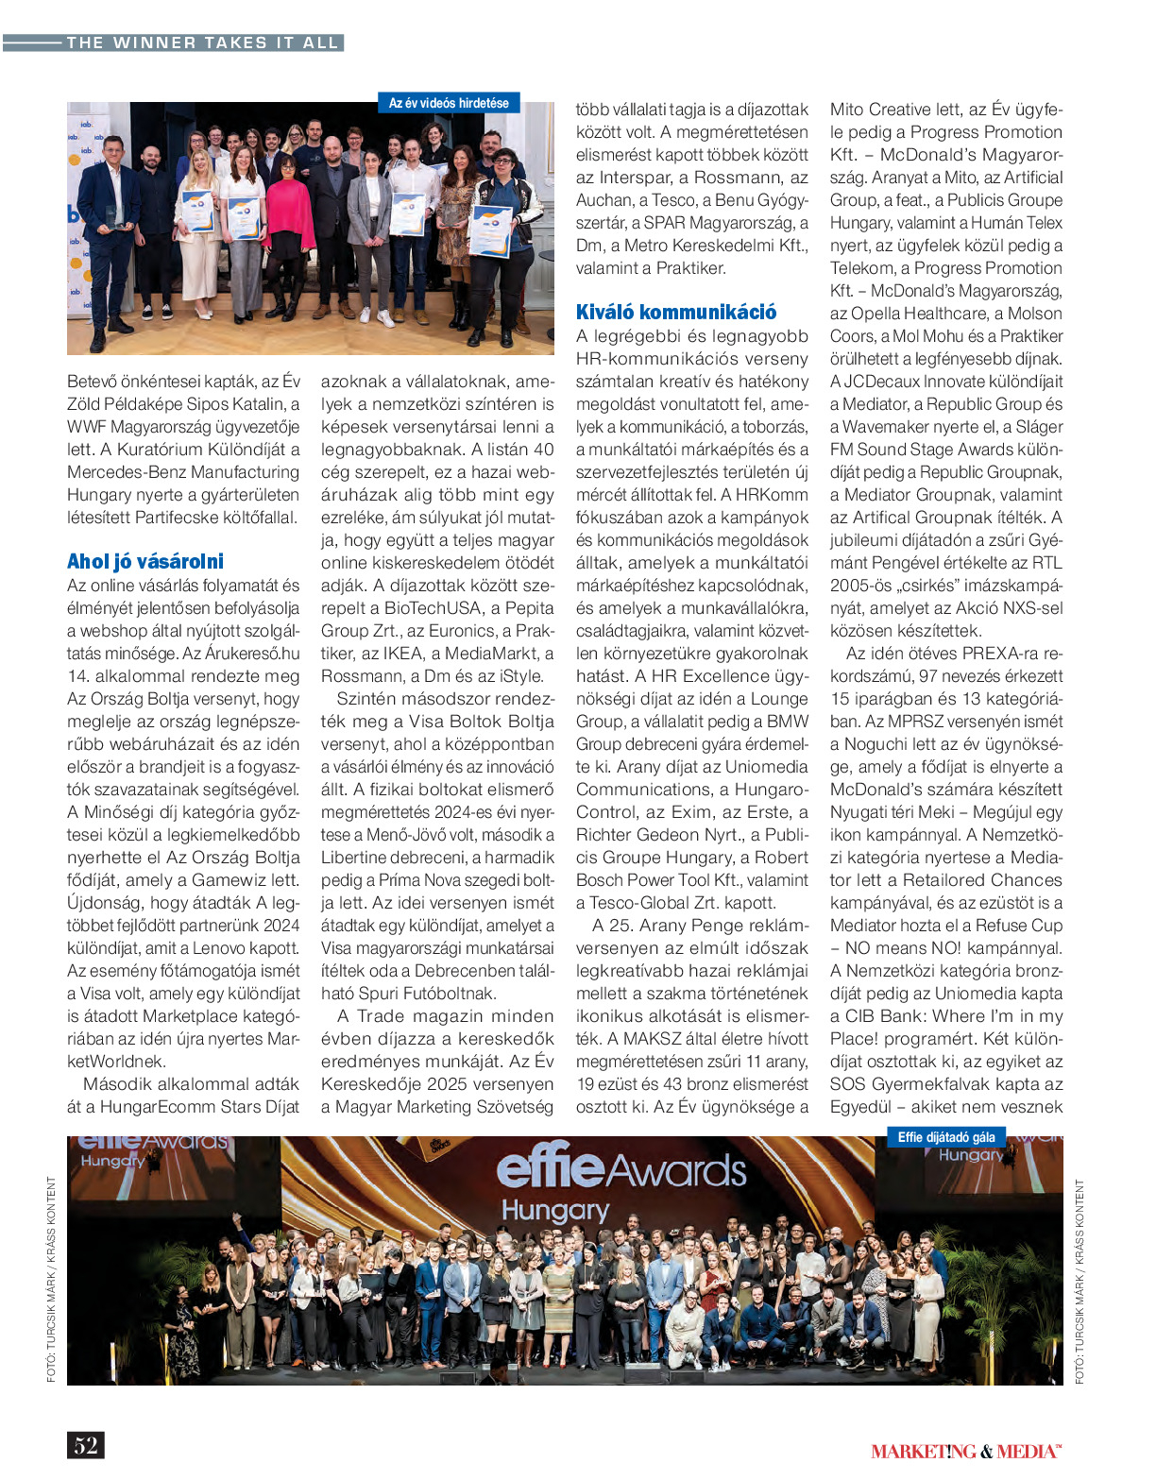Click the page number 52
click(86, 1445)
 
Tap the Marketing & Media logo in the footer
click(965, 1452)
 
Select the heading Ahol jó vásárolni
click(145, 561)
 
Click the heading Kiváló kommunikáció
click(676, 312)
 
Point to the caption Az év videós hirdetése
click(449, 103)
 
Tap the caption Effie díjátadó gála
click(946, 1137)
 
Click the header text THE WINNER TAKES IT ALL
click(202, 43)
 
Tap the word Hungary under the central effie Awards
click(555, 1210)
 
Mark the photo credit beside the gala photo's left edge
click(51, 1279)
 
